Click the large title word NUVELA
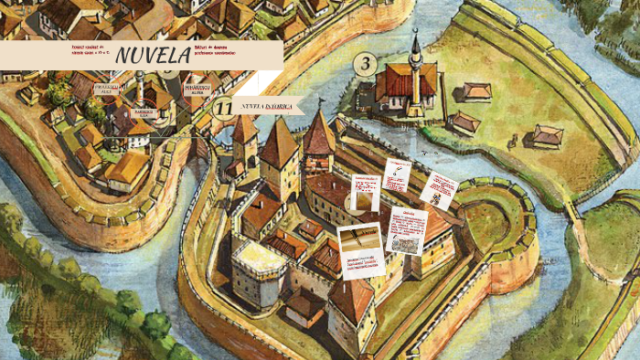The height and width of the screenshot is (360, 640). point(153,55)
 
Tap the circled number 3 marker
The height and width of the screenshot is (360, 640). point(365,64)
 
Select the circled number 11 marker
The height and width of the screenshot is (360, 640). point(222,109)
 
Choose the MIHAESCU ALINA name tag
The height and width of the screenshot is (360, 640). point(197,90)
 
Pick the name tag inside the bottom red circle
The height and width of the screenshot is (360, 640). point(144,113)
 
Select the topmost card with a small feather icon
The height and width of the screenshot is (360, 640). point(397,174)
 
